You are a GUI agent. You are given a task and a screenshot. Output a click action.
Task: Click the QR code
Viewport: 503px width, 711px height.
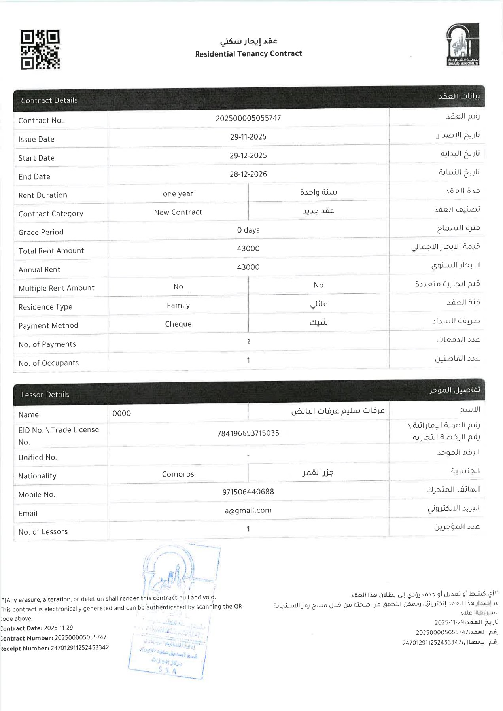(x=40, y=49)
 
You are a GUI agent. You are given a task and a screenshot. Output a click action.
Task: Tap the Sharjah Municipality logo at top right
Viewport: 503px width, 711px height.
(x=462, y=44)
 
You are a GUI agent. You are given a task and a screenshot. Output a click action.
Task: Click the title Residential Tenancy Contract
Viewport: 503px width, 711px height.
(x=248, y=54)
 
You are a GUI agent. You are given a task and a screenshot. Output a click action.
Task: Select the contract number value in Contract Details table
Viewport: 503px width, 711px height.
(x=248, y=118)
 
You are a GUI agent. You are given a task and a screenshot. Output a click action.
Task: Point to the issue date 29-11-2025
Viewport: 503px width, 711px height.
(x=248, y=137)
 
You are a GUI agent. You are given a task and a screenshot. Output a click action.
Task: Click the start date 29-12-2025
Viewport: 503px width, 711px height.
(x=248, y=155)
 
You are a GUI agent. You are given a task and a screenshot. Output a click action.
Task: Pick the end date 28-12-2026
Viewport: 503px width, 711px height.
(x=248, y=174)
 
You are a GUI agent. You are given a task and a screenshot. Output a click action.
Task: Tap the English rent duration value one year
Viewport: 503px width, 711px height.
(x=178, y=194)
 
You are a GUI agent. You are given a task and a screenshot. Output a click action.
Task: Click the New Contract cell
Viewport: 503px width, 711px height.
(x=178, y=212)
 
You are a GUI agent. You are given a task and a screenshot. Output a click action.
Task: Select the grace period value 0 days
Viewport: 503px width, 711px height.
(x=248, y=230)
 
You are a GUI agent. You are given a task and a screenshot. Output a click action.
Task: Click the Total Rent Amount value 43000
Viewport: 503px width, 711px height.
(x=248, y=248)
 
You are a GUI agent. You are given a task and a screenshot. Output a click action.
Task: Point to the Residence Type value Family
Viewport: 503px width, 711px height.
(x=178, y=305)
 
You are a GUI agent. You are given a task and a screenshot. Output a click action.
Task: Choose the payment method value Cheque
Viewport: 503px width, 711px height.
(x=178, y=324)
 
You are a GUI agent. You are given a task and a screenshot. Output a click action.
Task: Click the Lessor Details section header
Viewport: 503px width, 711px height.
(x=45, y=395)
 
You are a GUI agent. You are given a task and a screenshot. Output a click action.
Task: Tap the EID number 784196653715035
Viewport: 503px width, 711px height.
(x=248, y=433)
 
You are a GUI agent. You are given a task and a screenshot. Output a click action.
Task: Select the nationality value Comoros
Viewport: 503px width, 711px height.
(x=178, y=474)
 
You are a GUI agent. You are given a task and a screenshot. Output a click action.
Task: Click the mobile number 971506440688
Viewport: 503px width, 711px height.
(x=248, y=492)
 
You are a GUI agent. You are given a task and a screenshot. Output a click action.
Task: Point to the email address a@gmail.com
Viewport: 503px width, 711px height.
(x=248, y=511)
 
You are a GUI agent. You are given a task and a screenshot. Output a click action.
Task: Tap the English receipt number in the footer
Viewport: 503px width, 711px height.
(x=79, y=648)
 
